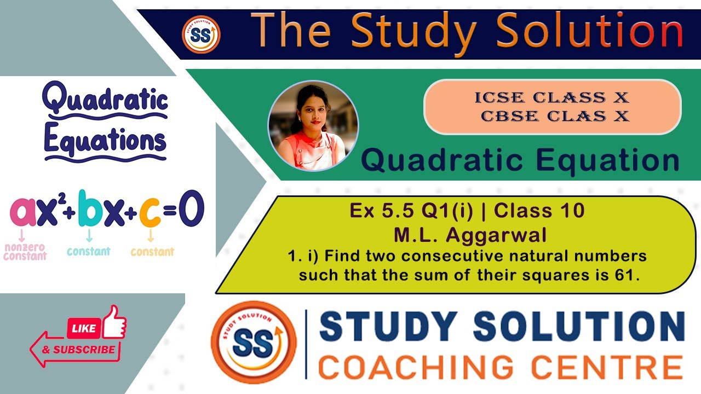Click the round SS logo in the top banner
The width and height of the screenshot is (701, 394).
coord(201,34)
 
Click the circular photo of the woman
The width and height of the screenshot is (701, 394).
coord(313,126)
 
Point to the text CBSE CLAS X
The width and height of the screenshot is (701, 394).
coord(555,116)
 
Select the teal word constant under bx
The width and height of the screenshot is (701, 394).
coord(88,252)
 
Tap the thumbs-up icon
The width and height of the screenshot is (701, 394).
coord(114,322)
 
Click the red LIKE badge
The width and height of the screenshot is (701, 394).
coord(84,328)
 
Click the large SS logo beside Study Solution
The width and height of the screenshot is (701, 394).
coord(253,343)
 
